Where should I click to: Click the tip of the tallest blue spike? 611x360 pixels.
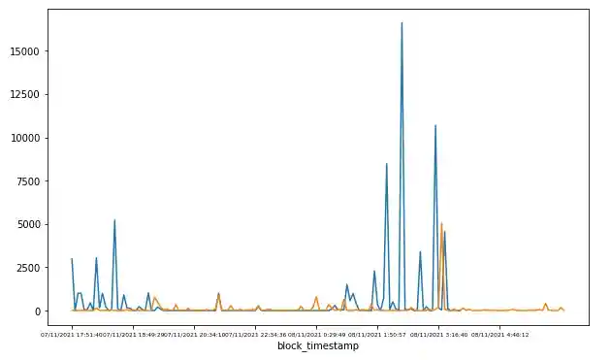402,22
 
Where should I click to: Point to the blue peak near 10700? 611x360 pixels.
435,125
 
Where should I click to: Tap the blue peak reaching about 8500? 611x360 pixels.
386,163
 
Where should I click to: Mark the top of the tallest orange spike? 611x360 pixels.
441,224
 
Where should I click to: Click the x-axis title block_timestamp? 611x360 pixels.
317,346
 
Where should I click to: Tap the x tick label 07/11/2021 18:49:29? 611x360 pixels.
133,334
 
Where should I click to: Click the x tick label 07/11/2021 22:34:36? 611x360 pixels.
256,334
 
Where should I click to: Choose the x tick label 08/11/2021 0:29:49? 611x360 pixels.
317,334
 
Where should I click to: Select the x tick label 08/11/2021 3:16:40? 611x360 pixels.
439,334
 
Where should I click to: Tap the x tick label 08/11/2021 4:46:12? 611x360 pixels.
500,334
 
